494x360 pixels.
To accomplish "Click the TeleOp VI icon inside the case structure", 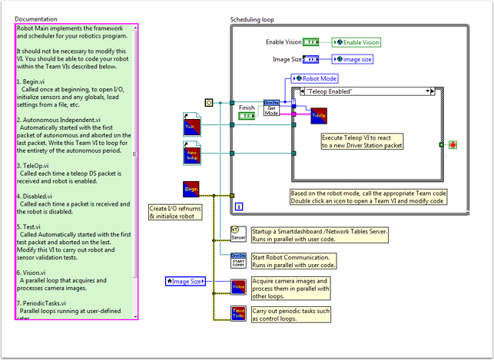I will (319, 116).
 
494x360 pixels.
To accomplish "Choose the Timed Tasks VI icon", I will (238, 313).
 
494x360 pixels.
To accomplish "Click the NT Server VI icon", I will (238, 233).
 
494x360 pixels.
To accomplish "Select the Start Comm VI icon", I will (238, 259).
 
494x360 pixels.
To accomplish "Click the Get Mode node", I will (271, 108).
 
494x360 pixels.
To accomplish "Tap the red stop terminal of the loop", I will (453, 144).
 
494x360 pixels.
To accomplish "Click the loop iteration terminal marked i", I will (239, 206).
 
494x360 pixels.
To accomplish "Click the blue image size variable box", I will (353, 58).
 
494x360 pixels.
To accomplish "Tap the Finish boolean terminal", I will (247, 116).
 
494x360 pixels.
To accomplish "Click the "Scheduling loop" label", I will (253, 19).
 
